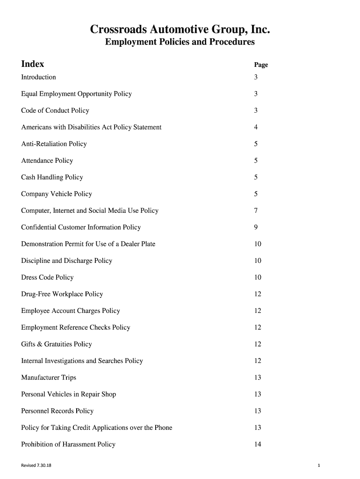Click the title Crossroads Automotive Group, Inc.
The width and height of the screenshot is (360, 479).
180,30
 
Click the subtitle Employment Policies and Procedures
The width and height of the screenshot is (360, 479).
180,42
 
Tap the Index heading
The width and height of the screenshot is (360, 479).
33,64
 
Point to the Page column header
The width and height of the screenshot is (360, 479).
261,65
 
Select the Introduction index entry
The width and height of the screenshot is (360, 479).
38,77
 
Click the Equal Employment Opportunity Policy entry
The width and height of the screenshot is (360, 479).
76,94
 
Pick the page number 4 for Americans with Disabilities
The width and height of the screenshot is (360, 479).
256,127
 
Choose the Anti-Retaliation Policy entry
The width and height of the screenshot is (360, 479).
54,144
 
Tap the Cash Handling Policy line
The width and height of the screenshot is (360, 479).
52,177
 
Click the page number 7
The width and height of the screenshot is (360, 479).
256,210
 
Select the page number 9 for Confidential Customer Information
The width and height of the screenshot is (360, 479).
256,227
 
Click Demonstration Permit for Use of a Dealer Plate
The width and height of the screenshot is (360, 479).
88,244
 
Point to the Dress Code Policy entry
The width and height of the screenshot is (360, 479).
47,277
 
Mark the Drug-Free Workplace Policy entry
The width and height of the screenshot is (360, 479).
62,294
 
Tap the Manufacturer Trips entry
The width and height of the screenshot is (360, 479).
49,377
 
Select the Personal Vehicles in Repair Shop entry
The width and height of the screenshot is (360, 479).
68,394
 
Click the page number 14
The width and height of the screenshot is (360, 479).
258,444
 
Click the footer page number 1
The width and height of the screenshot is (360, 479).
318,465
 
